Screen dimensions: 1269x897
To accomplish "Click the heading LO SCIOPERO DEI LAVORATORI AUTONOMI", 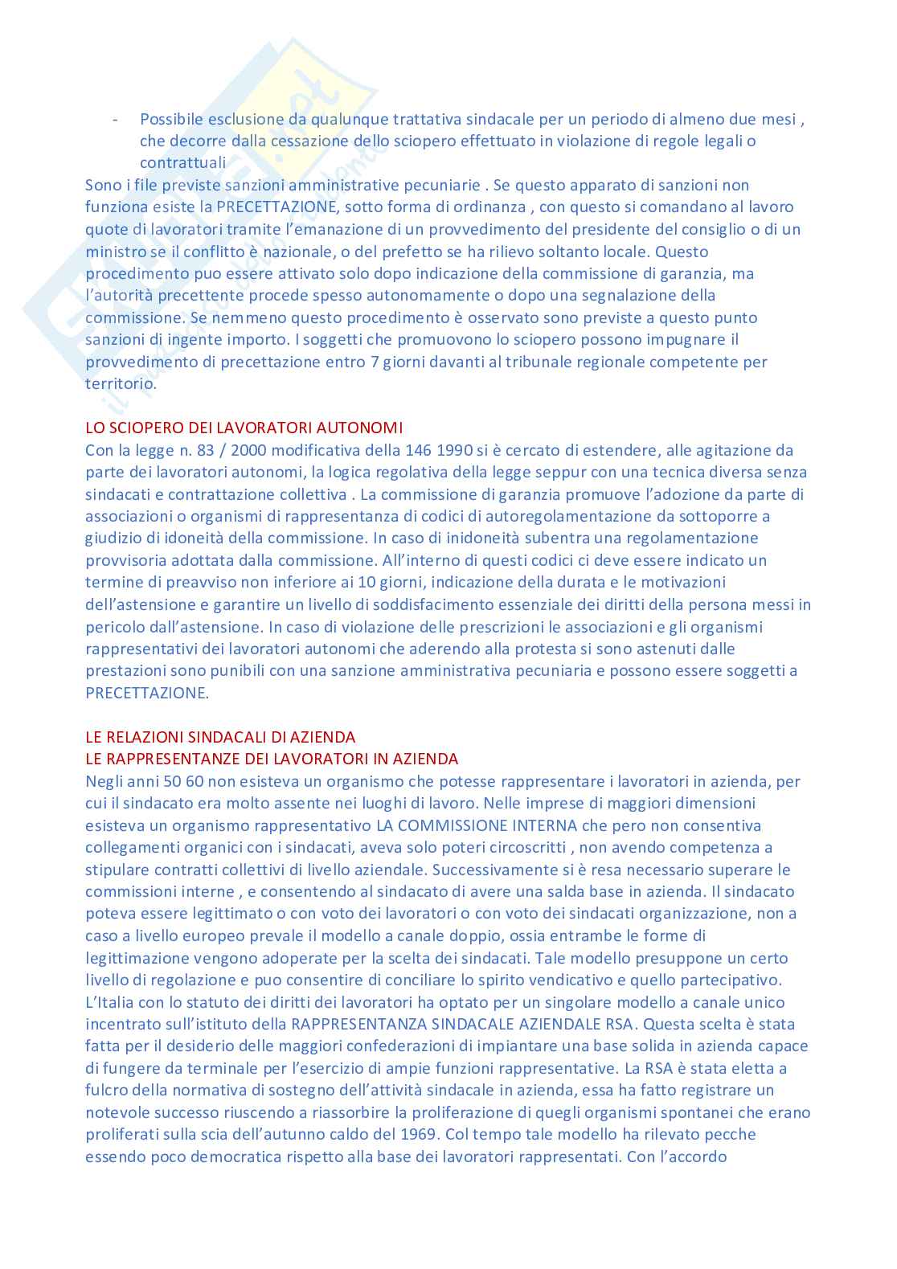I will (244, 428).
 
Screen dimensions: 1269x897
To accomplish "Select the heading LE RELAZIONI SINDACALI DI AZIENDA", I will (219, 737).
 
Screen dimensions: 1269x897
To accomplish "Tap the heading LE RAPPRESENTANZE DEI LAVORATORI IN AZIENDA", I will (271, 759).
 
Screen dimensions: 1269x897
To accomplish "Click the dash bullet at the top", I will (116, 120).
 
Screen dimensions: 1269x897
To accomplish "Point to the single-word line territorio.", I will (121, 384).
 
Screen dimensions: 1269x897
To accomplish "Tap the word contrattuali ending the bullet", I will (182, 163).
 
